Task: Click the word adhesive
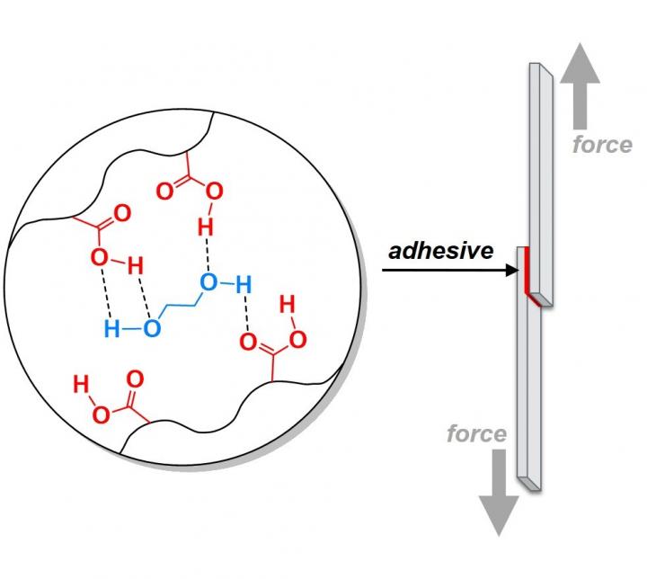click(x=440, y=251)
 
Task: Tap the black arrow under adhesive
click(x=450, y=271)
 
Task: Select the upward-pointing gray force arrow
click(x=580, y=86)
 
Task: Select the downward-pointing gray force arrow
click(x=499, y=493)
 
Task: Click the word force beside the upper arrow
click(x=602, y=145)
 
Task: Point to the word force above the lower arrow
click(x=476, y=433)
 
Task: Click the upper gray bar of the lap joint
click(x=541, y=184)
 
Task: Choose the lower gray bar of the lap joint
click(x=529, y=369)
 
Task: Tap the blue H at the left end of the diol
click(x=111, y=329)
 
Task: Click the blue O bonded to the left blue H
click(x=152, y=329)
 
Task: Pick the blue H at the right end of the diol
click(x=244, y=285)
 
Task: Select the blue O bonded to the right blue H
click(x=208, y=282)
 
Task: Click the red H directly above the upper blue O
click(x=206, y=227)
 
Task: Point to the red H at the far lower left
click(x=81, y=384)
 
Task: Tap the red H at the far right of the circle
click(x=288, y=305)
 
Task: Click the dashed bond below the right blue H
click(x=246, y=314)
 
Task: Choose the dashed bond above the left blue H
click(x=107, y=293)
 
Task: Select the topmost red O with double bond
click(x=165, y=192)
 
